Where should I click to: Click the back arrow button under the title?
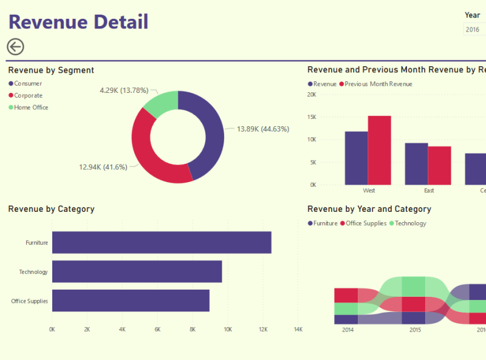click(15, 47)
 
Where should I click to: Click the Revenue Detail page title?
click(78, 22)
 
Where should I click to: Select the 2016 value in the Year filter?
click(473, 29)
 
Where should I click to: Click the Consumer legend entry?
click(28, 83)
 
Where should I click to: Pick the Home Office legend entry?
click(31, 107)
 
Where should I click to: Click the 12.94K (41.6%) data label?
click(103, 167)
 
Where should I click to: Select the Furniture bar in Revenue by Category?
click(162, 242)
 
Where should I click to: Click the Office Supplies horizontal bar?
click(131, 301)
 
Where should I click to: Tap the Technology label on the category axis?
click(33, 272)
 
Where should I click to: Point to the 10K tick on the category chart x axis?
click(228, 330)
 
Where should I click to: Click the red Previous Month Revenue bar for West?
click(379, 150)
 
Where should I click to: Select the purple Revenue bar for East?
click(416, 164)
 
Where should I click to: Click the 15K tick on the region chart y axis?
click(312, 117)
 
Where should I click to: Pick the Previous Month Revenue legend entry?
click(378, 84)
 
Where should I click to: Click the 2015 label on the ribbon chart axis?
click(415, 330)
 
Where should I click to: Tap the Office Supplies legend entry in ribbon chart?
click(366, 223)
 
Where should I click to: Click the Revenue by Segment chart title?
click(51, 70)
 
